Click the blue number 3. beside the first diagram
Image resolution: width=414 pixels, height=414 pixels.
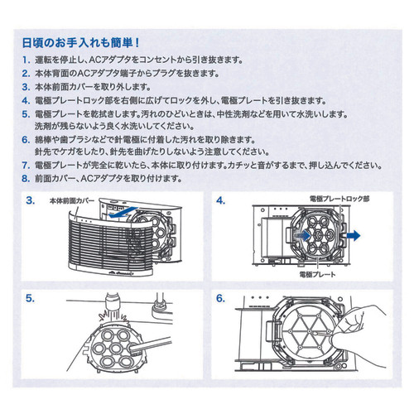pyautogui.click(x=30, y=200)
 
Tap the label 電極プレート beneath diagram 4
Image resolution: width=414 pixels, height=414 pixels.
pyautogui.click(x=318, y=273)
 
